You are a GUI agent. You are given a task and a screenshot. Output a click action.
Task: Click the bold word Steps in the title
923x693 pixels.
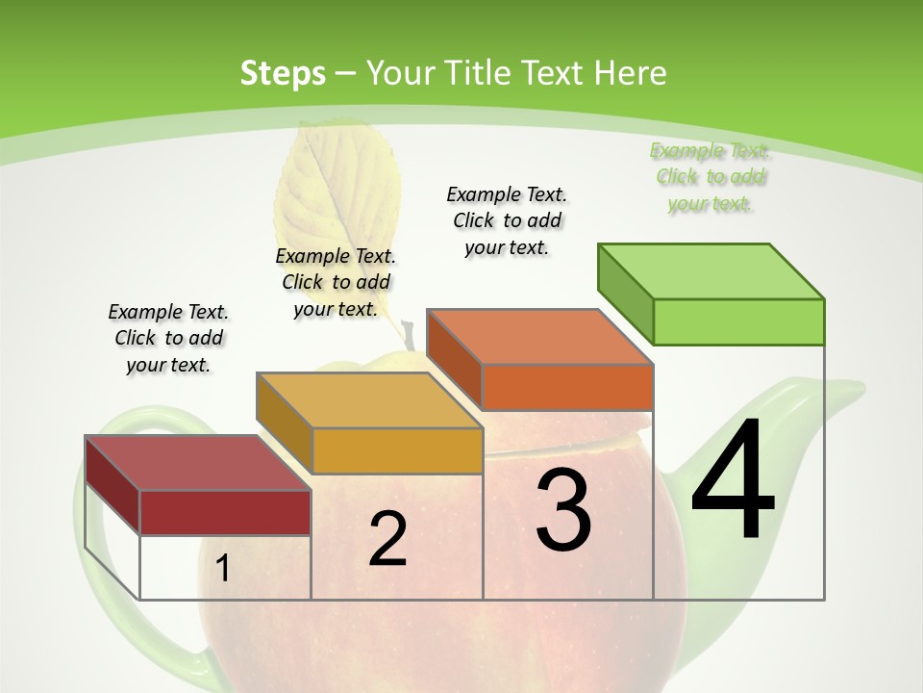(x=283, y=73)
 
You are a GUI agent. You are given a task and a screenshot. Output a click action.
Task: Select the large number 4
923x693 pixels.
(x=733, y=481)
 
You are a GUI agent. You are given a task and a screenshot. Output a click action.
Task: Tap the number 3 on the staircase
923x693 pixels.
(x=563, y=510)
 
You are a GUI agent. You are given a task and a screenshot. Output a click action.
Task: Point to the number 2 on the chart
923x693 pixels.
(x=387, y=539)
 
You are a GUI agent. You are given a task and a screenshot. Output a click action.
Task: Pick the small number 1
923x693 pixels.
(x=223, y=569)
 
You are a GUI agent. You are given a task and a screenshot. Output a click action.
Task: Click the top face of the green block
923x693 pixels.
(x=711, y=270)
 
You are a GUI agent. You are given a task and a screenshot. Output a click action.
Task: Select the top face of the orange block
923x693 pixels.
(x=539, y=337)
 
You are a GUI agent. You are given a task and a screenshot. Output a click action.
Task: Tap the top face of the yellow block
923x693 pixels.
(x=368, y=400)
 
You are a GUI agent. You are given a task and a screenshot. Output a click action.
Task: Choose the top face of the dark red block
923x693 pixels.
(x=197, y=463)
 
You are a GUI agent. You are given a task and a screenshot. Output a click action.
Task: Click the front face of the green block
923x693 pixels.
(x=738, y=321)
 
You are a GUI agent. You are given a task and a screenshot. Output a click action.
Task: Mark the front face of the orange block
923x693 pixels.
(x=567, y=387)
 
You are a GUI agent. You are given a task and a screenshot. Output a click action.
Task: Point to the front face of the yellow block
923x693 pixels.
(x=397, y=450)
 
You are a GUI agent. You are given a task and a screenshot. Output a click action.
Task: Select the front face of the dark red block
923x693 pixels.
(x=225, y=512)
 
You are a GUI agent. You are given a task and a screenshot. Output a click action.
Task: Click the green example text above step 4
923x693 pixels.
(x=710, y=177)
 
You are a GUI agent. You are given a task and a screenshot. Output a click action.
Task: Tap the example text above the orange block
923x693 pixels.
(x=507, y=220)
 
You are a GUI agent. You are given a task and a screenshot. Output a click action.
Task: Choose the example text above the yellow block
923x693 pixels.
(x=336, y=282)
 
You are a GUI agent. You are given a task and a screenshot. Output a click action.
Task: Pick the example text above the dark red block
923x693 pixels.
(x=168, y=338)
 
